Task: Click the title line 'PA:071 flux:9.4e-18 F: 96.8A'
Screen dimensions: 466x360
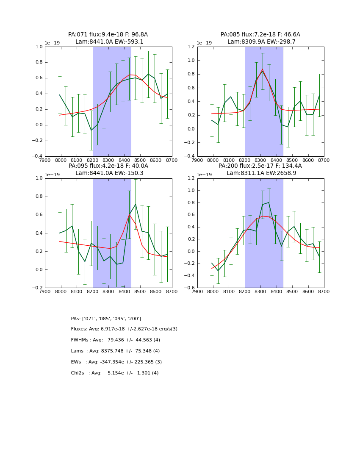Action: [108, 35]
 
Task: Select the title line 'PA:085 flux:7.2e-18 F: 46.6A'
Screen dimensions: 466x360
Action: [260, 35]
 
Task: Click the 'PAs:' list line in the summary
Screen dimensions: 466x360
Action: [106, 319]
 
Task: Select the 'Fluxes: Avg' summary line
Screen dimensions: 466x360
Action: [124, 329]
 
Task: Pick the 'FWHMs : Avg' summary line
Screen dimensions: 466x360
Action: [116, 340]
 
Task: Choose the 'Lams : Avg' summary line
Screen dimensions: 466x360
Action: [116, 351]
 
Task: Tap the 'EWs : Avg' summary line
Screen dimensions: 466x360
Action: [116, 362]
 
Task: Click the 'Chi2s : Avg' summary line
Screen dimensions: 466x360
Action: [115, 373]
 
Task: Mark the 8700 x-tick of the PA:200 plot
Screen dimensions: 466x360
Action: [324, 291]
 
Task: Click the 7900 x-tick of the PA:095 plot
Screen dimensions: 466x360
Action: [45, 291]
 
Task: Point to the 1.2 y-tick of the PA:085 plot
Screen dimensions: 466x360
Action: [190, 47]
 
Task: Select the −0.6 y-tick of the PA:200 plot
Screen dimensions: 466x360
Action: [189, 288]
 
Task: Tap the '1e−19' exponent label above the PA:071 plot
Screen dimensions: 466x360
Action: [52, 43]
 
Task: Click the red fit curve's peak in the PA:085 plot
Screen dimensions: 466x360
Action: [262, 69]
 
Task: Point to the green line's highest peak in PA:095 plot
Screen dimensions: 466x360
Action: [136, 205]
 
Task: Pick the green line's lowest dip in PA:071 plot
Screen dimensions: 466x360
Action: [91, 130]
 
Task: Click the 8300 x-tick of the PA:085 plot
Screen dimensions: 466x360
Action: [260, 160]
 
